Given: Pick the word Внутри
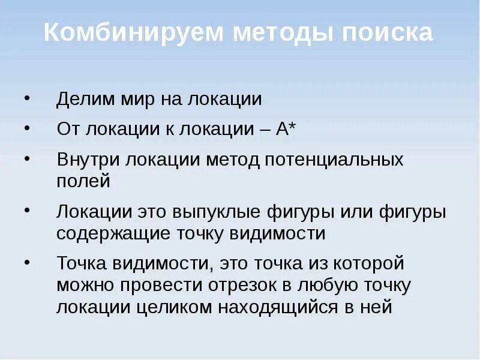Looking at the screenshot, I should (x=88, y=160).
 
